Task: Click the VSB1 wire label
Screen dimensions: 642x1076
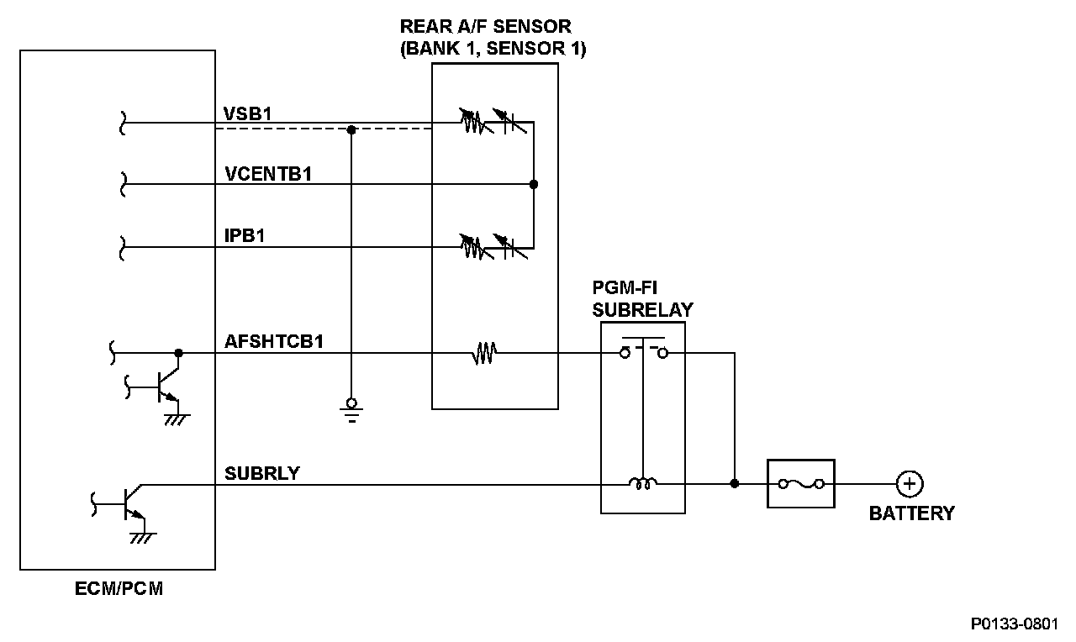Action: pyautogui.click(x=247, y=113)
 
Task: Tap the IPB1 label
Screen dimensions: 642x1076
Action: pyautogui.click(x=245, y=236)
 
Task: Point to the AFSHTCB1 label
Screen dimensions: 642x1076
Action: pyautogui.click(x=274, y=342)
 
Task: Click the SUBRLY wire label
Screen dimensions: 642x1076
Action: pyautogui.click(x=261, y=473)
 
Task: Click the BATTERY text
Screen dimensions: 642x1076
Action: pyautogui.click(x=911, y=513)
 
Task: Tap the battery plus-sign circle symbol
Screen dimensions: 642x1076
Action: pyautogui.click(x=909, y=484)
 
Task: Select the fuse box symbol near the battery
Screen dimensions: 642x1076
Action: pyautogui.click(x=800, y=484)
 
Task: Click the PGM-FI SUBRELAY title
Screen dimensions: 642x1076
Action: pyautogui.click(x=642, y=299)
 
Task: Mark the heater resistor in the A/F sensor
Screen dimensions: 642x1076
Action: pyautogui.click(x=485, y=354)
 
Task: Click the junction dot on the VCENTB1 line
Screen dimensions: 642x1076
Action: pyautogui.click(x=533, y=184)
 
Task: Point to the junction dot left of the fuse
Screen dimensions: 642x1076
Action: pyautogui.click(x=735, y=484)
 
